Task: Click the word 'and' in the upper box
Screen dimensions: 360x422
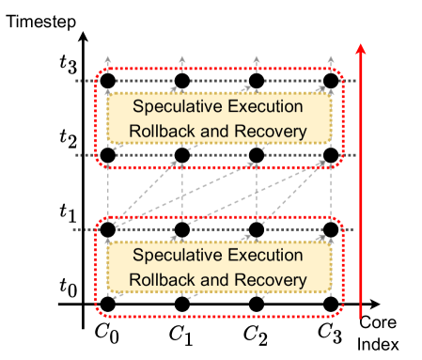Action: [x=218, y=131]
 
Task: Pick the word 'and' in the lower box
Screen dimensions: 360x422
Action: [x=218, y=280]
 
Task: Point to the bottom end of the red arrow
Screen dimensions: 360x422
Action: [x=360, y=318]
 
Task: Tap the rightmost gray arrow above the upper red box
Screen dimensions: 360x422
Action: [x=331, y=62]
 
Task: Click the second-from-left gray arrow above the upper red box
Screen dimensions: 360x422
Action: [x=182, y=62]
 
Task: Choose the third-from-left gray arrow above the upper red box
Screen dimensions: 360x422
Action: [x=257, y=62]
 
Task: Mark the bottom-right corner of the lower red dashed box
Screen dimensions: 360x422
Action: [x=342, y=314]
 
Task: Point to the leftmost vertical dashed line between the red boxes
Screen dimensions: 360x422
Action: [x=109, y=193]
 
